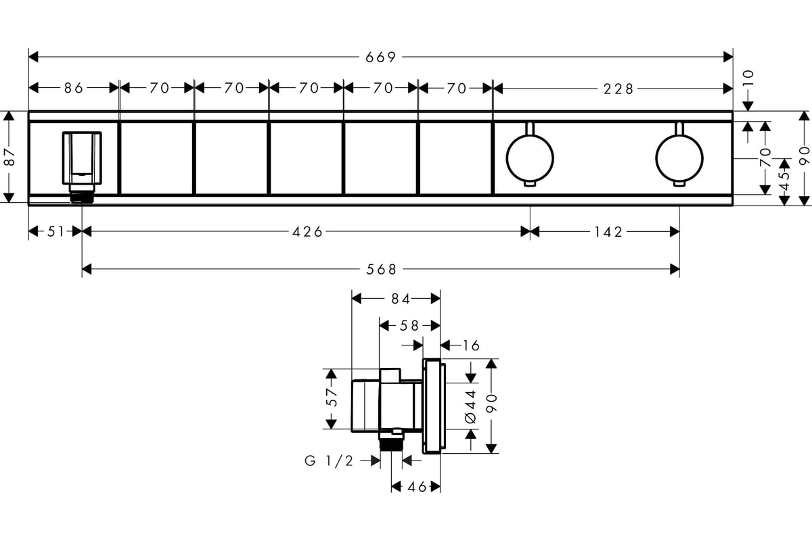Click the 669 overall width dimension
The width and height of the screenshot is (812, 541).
380,57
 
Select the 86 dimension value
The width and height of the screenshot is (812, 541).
74,88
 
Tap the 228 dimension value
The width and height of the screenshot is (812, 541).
618,89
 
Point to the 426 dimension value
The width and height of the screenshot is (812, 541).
307,232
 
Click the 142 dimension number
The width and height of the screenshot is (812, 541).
608,232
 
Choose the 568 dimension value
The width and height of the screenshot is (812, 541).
382,270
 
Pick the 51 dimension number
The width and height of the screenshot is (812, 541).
56,231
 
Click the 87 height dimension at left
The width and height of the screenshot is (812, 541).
9,157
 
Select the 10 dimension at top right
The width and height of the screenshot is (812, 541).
748,78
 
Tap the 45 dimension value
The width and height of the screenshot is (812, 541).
784,181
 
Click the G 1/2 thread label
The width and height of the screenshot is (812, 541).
329,461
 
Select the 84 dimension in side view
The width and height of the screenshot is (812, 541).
401,299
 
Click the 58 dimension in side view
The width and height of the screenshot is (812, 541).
409,326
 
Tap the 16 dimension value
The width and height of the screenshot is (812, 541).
471,346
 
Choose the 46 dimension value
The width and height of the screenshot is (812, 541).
417,488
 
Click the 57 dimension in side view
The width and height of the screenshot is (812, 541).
332,397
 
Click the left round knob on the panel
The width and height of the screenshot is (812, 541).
530,158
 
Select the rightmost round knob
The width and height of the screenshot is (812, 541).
679,158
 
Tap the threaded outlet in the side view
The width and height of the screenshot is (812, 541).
391,444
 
